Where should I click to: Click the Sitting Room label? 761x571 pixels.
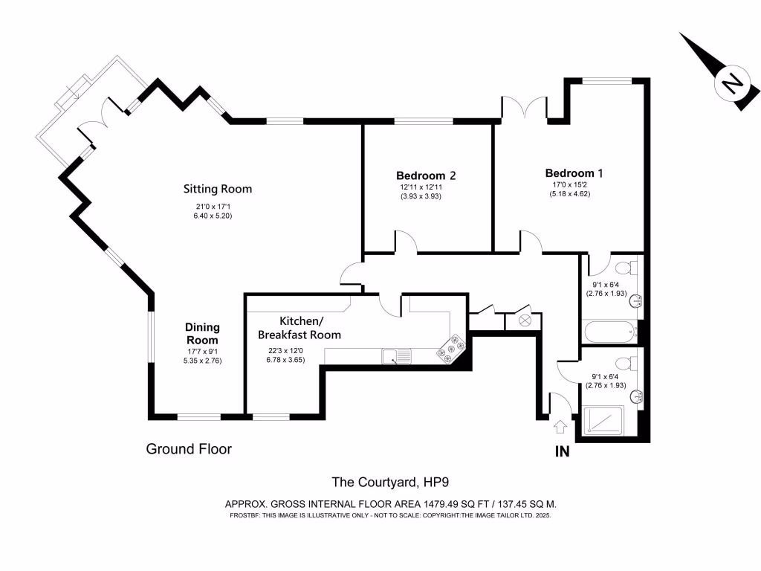218,189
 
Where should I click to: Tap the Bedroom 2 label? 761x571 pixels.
425,175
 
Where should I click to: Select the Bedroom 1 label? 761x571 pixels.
574,172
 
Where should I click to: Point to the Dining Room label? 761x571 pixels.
202,334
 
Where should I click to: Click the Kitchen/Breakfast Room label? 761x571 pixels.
310,328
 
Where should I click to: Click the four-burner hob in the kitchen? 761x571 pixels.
453,349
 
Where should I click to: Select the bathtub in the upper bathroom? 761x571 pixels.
609,331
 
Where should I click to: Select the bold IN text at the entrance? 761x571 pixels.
562,451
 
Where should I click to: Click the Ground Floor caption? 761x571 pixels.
189,449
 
